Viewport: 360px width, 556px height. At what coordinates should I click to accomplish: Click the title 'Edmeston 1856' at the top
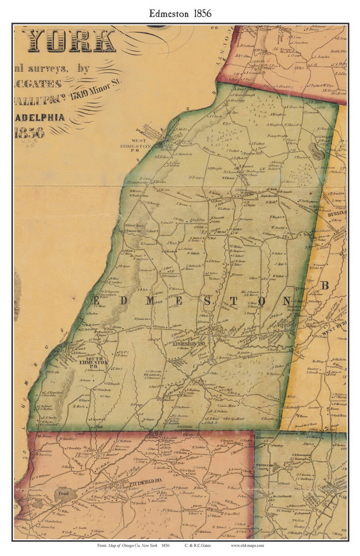[x=180, y=13]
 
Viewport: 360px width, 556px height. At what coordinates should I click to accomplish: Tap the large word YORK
[x=72, y=41]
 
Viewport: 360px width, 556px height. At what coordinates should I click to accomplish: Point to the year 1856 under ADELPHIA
[x=29, y=132]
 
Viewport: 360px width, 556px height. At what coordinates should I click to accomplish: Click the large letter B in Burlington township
[x=325, y=285]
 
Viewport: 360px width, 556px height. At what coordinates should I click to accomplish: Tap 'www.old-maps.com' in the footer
[x=247, y=545]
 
